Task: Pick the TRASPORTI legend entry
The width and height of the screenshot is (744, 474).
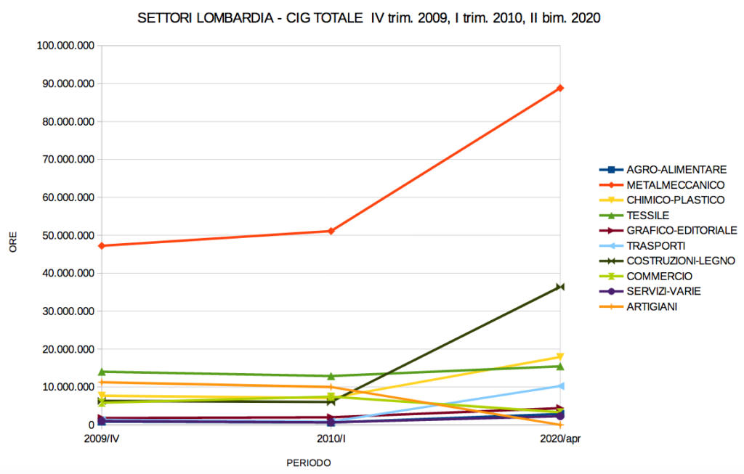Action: [655, 245]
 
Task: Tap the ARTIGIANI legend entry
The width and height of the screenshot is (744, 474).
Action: [652, 306]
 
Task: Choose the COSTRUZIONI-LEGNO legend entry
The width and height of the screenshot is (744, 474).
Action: [680, 261]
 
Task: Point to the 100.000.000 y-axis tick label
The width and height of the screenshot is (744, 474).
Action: [65, 46]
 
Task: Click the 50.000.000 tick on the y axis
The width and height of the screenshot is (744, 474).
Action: [68, 235]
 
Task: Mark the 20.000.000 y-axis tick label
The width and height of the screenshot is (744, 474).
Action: [68, 349]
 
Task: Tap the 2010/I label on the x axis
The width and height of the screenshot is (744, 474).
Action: [331, 439]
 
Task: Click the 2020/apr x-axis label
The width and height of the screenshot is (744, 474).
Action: [560, 439]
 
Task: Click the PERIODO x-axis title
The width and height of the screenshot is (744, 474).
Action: [308, 462]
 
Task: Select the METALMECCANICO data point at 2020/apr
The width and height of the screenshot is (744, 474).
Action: [560, 89]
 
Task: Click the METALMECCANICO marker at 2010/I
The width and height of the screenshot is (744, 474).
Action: [331, 231]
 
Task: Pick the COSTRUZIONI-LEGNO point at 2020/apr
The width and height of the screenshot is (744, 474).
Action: [560, 287]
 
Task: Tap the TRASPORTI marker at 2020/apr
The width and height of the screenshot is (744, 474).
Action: [560, 386]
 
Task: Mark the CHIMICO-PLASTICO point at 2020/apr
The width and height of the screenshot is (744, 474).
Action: [560, 357]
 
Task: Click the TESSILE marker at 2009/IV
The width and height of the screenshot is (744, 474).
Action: [102, 372]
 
